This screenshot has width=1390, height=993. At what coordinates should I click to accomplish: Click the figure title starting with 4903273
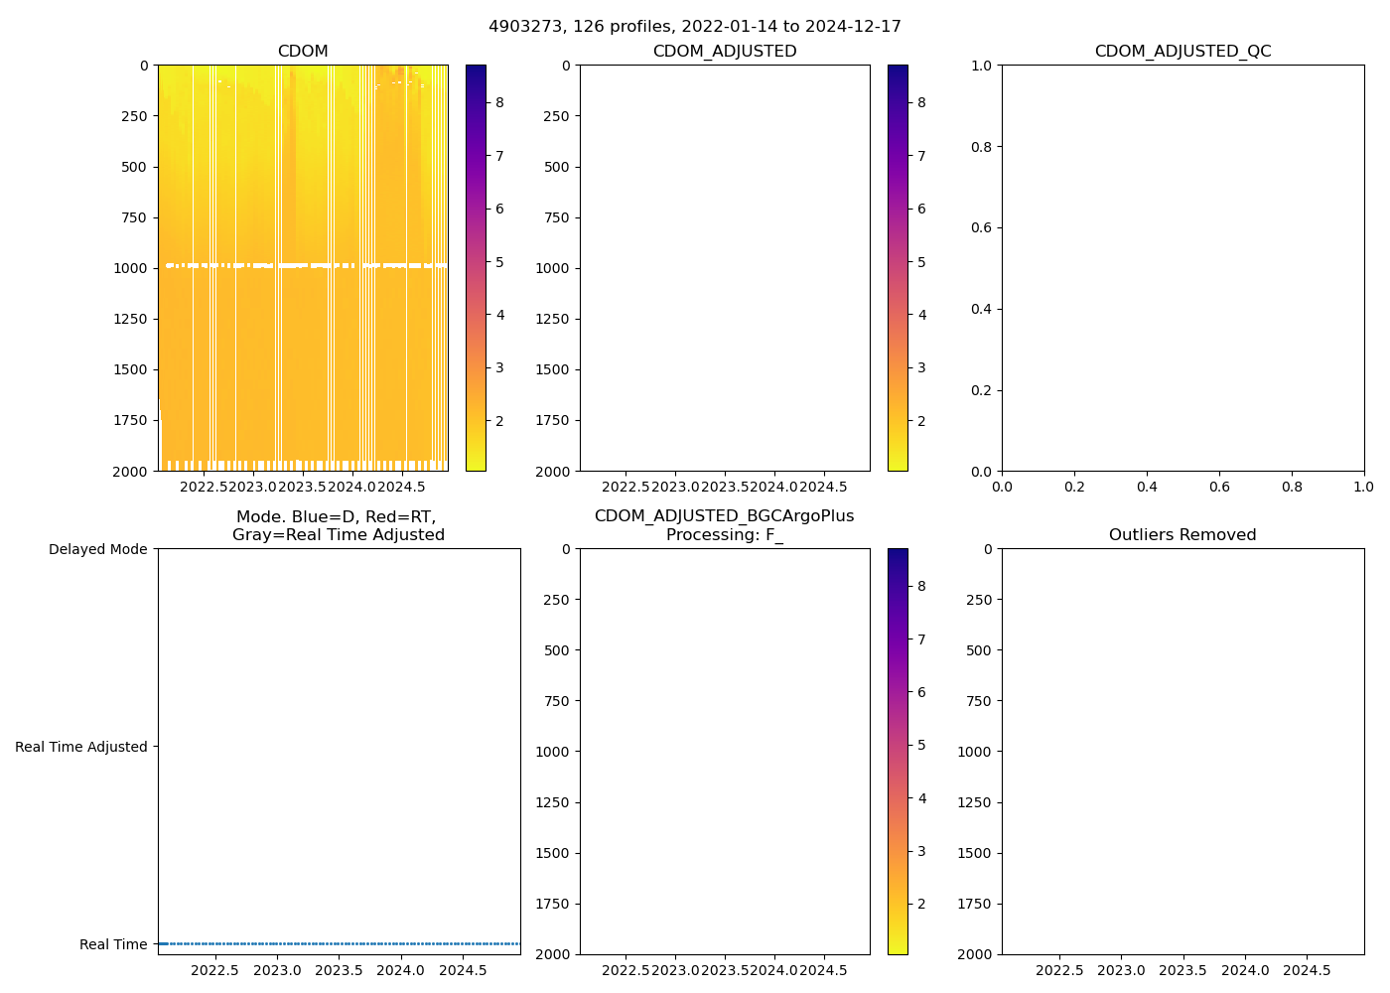[x=694, y=27]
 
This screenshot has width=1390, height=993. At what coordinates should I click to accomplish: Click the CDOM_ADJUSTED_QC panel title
[x=1182, y=52]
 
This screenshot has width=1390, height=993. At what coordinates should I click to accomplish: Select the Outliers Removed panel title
[x=1182, y=535]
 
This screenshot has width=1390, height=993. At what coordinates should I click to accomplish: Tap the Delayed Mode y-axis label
[x=97, y=549]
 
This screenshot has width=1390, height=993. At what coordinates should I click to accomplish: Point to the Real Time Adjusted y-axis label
[x=80, y=747]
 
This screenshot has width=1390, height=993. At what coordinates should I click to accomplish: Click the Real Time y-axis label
[x=113, y=944]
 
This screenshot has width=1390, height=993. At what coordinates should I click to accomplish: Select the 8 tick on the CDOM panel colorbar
[x=499, y=102]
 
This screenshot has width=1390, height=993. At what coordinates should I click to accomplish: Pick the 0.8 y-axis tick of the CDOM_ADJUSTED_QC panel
[x=982, y=147]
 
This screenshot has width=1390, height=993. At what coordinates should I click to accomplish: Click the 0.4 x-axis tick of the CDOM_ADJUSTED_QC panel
[x=1147, y=487]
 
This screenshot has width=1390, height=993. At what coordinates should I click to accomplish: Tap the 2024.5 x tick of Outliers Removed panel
[x=1307, y=970]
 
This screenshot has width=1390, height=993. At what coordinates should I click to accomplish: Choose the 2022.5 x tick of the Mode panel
[x=214, y=970]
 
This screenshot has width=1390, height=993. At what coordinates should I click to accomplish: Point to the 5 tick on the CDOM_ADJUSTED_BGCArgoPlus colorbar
[x=921, y=745]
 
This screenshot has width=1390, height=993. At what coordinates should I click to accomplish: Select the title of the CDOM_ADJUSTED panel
[x=725, y=52]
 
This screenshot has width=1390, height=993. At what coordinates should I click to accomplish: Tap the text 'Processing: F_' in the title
[x=725, y=535]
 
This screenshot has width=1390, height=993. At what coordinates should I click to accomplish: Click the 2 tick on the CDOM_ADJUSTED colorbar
[x=921, y=421]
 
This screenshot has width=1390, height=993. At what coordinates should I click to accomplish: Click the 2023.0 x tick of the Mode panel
[x=277, y=970]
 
